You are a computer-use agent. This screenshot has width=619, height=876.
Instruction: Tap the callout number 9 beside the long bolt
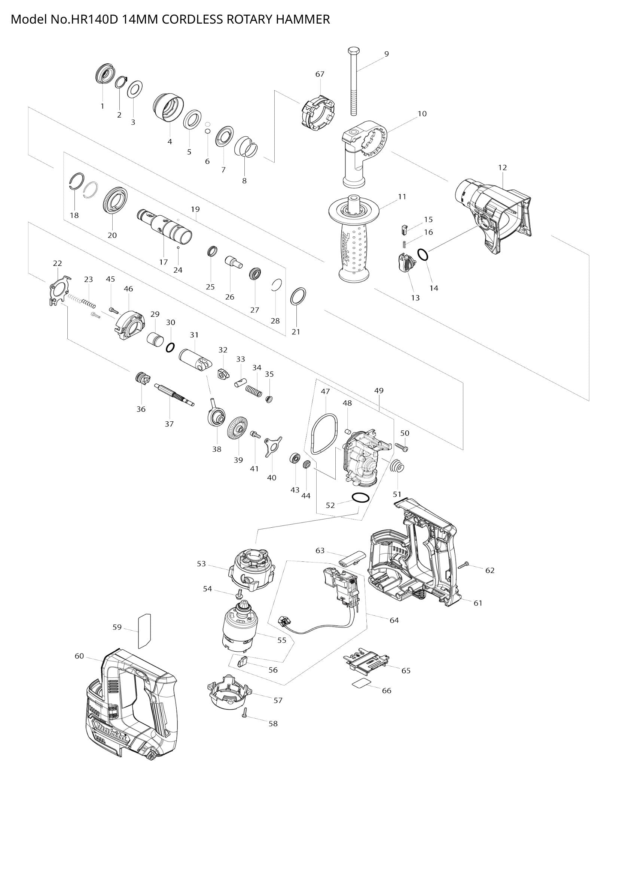387,54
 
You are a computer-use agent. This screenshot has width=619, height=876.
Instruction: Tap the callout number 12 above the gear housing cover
502,167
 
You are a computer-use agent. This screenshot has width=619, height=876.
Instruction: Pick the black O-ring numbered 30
170,347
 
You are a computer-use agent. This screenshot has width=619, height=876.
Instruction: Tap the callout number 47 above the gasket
325,391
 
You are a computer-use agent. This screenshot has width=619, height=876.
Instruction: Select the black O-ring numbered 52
360,498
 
